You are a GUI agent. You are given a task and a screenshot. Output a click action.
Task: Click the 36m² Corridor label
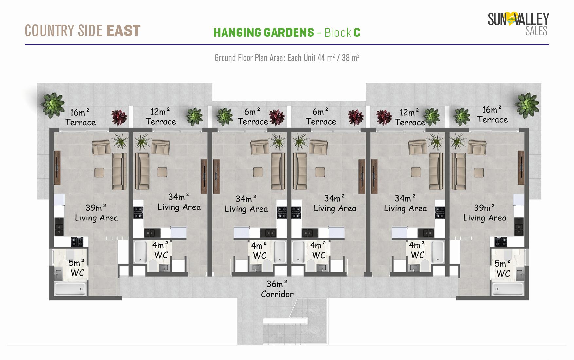277,289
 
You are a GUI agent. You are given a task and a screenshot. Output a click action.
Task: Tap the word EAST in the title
123,31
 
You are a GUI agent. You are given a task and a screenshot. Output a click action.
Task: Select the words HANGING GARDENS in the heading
263,33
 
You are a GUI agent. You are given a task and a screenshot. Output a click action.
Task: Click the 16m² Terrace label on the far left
80,117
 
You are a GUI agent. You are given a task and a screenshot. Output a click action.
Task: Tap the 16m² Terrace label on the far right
493,115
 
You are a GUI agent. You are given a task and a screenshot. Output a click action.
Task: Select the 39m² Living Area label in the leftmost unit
96,213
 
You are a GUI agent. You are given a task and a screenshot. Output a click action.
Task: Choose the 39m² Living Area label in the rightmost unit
485,213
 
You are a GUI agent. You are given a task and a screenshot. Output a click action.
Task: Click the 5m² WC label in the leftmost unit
77,268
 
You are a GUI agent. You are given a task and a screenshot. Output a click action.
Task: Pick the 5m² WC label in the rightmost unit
503,268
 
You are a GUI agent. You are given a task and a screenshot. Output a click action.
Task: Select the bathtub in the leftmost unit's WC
70,289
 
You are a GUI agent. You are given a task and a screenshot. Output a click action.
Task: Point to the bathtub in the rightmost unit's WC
508,289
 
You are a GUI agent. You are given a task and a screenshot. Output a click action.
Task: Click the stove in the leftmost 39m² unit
78,242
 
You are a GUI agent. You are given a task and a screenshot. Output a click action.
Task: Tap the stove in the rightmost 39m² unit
500,242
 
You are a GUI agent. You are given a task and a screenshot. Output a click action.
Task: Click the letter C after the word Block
357,33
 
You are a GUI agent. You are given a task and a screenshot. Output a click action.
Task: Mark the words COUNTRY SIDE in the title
64,31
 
